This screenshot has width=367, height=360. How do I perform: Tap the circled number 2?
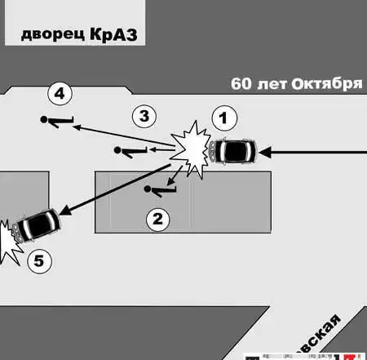point(157,217)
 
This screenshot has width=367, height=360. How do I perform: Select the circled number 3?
point(144,116)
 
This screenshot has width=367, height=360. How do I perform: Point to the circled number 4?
point(58,94)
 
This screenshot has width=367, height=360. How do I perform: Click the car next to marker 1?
point(233,151)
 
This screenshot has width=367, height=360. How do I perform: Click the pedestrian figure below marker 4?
point(58,122)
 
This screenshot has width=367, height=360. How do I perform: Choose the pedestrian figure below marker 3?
point(131,150)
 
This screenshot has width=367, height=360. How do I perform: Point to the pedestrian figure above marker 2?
point(160,190)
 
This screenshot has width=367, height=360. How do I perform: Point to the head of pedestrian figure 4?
point(44,120)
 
